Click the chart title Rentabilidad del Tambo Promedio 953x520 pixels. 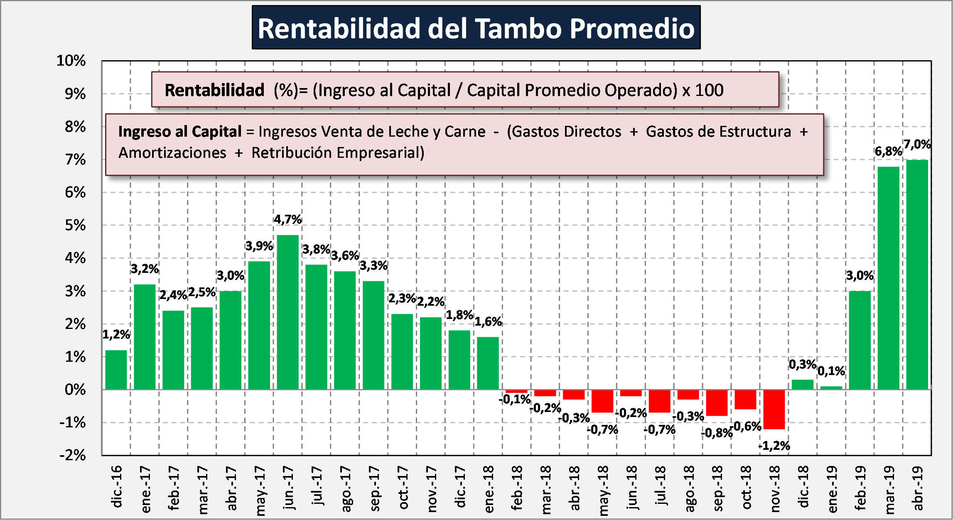476,28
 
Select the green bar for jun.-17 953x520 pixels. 287,312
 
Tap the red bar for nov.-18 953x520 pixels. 774,409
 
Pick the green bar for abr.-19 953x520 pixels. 917,274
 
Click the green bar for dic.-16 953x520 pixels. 116,370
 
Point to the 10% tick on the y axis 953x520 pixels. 71,61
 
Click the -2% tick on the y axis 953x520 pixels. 73,455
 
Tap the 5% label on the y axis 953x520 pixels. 75,225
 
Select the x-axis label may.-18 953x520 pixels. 603,490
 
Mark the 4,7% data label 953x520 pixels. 287,219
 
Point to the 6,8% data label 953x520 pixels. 888,151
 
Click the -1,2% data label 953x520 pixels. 774,446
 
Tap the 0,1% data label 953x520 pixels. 831,371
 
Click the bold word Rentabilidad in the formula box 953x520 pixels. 214,90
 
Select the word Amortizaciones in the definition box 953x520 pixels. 172,153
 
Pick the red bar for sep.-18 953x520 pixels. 717,402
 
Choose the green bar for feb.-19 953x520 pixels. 860,340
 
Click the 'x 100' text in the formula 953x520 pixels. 702,90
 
